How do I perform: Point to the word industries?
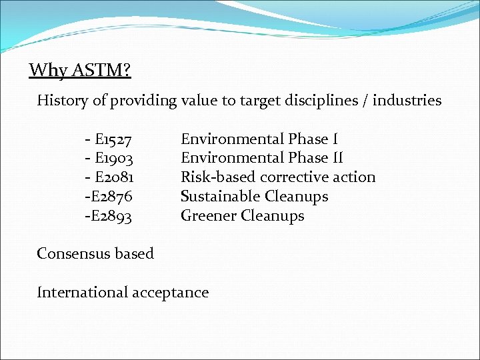(407, 101)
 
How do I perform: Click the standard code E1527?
(113, 139)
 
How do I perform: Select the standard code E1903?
(114, 159)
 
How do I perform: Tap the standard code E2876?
(111, 197)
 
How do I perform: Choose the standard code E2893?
(111, 216)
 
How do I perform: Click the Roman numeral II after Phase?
(335, 158)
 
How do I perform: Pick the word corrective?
(293, 177)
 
